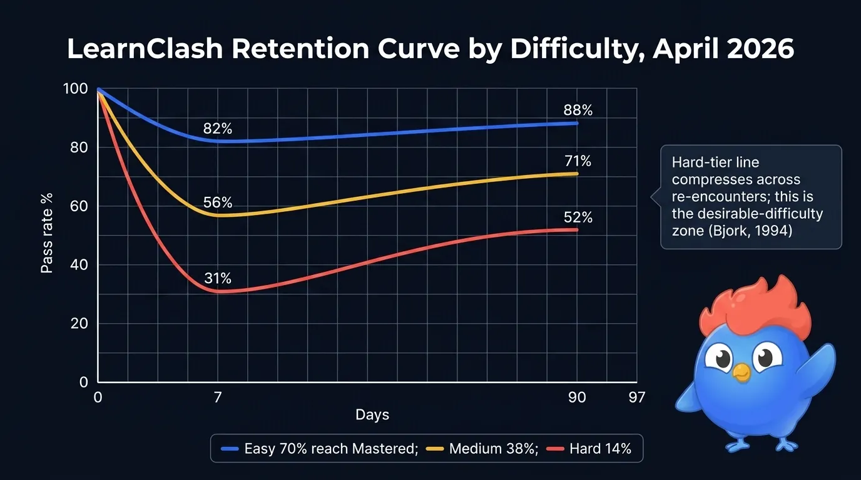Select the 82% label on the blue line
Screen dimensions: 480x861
(218, 129)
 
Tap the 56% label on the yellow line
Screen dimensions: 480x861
(218, 203)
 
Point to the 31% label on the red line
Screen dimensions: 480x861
(218, 279)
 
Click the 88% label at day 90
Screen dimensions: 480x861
(578, 111)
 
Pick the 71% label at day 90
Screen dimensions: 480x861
(578, 162)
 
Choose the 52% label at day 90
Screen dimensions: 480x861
(578, 218)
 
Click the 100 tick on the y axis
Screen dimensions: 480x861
(76, 89)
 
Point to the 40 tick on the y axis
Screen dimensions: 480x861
(79, 264)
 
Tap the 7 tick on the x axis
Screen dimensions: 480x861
(218, 397)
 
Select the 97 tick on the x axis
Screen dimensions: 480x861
(636, 397)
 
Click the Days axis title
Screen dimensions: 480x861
(372, 415)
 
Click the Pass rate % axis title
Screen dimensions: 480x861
(47, 232)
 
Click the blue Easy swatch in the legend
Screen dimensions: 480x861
(230, 449)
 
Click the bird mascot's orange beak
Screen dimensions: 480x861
(741, 372)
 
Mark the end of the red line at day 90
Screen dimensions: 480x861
(576, 230)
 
